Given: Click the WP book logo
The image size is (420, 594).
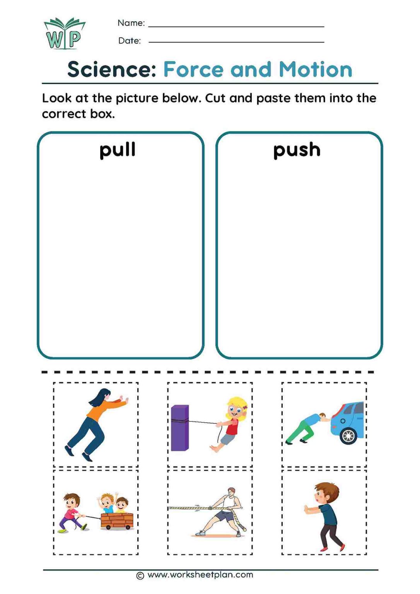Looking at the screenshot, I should (64, 34).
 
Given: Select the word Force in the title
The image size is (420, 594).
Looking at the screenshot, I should (193, 70).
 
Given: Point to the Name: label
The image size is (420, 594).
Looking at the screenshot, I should (131, 23).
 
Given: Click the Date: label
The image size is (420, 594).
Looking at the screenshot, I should (130, 41).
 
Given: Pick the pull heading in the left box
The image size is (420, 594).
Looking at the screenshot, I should (118, 150).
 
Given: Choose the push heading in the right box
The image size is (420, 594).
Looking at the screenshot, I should (297, 150).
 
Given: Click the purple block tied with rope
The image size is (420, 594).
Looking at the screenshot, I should (180, 428).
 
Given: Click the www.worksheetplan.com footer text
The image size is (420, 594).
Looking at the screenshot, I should (200, 575).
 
